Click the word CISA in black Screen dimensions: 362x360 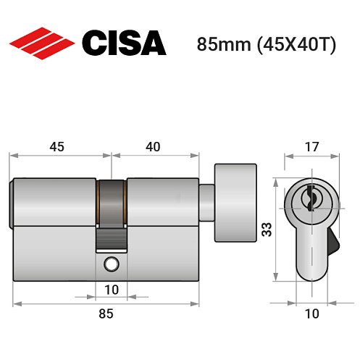123,43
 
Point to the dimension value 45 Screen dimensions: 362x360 56,147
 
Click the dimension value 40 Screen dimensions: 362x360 153,147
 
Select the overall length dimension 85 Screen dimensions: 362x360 105,313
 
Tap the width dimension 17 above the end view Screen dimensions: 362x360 310,147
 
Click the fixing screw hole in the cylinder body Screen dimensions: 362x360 112,264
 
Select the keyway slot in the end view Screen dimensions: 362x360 311,198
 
